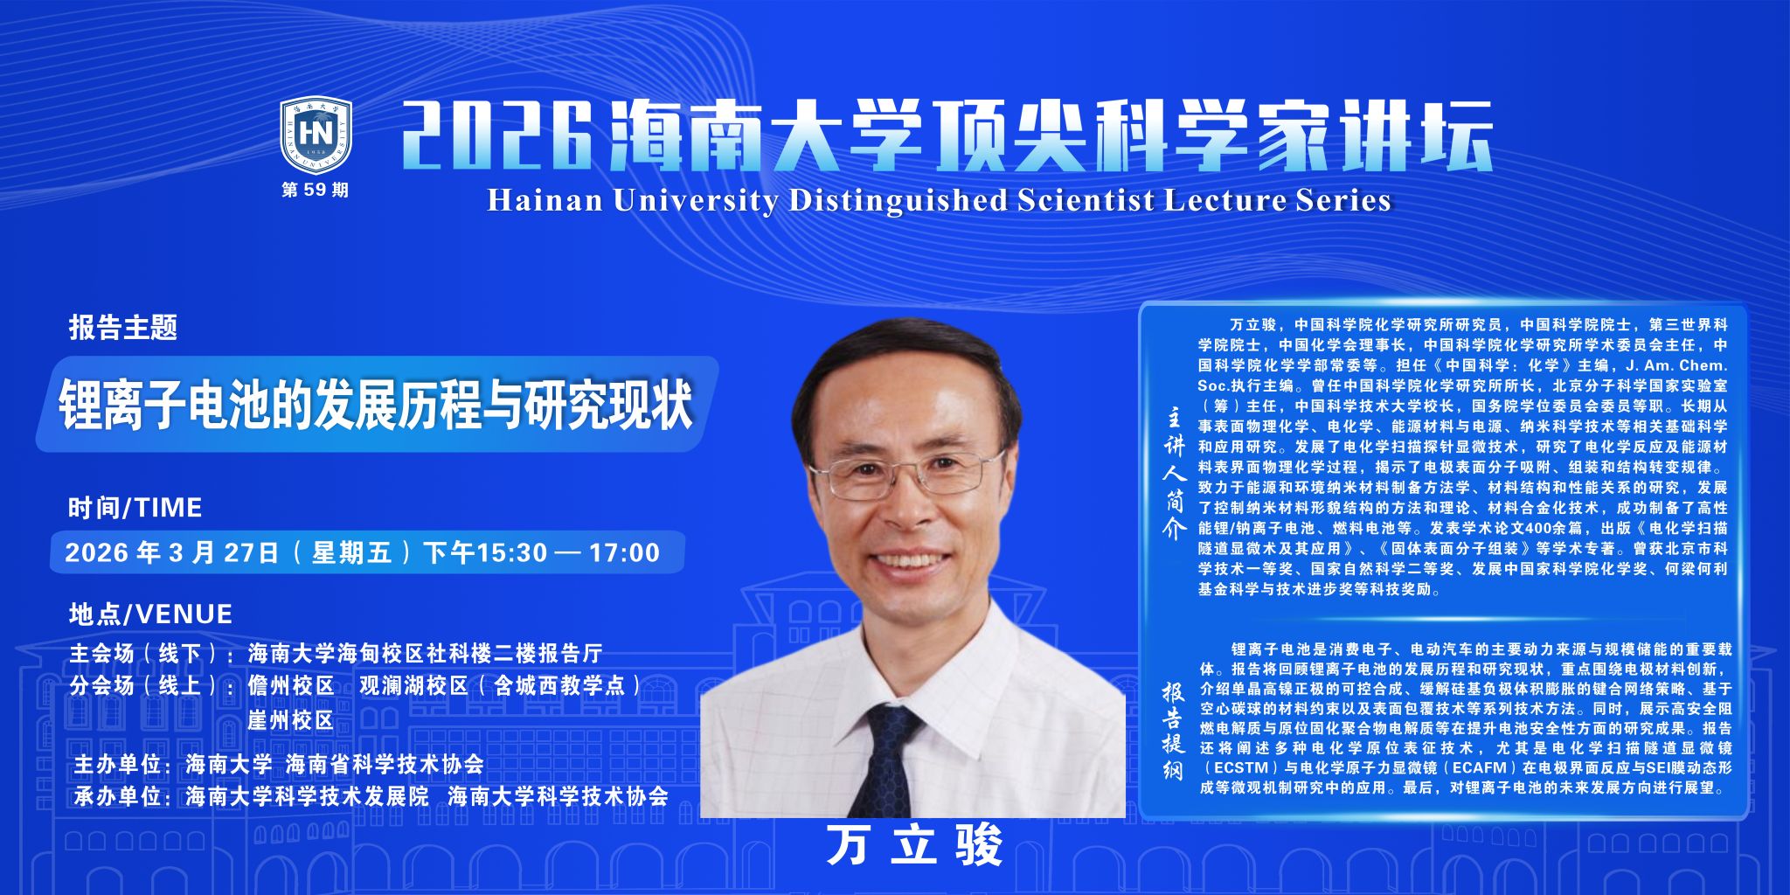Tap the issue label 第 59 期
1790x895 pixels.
pos(315,190)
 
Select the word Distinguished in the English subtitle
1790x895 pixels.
pos(898,201)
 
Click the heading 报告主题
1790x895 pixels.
pos(123,328)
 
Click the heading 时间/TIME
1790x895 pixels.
pos(135,508)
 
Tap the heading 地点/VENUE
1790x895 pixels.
pos(150,614)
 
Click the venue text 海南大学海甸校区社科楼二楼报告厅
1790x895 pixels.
pos(426,653)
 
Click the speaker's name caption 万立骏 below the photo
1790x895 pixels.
pos(914,845)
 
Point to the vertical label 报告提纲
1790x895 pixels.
pos(1173,731)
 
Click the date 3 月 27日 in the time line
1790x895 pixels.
pos(224,552)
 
